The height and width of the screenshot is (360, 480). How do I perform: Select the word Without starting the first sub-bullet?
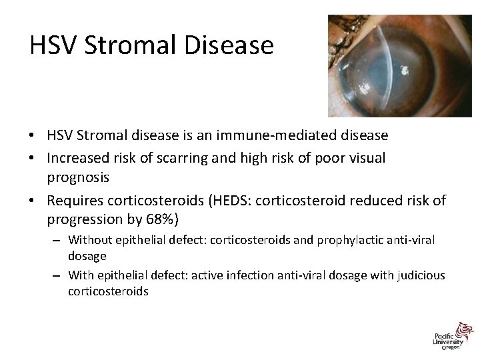89,239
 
